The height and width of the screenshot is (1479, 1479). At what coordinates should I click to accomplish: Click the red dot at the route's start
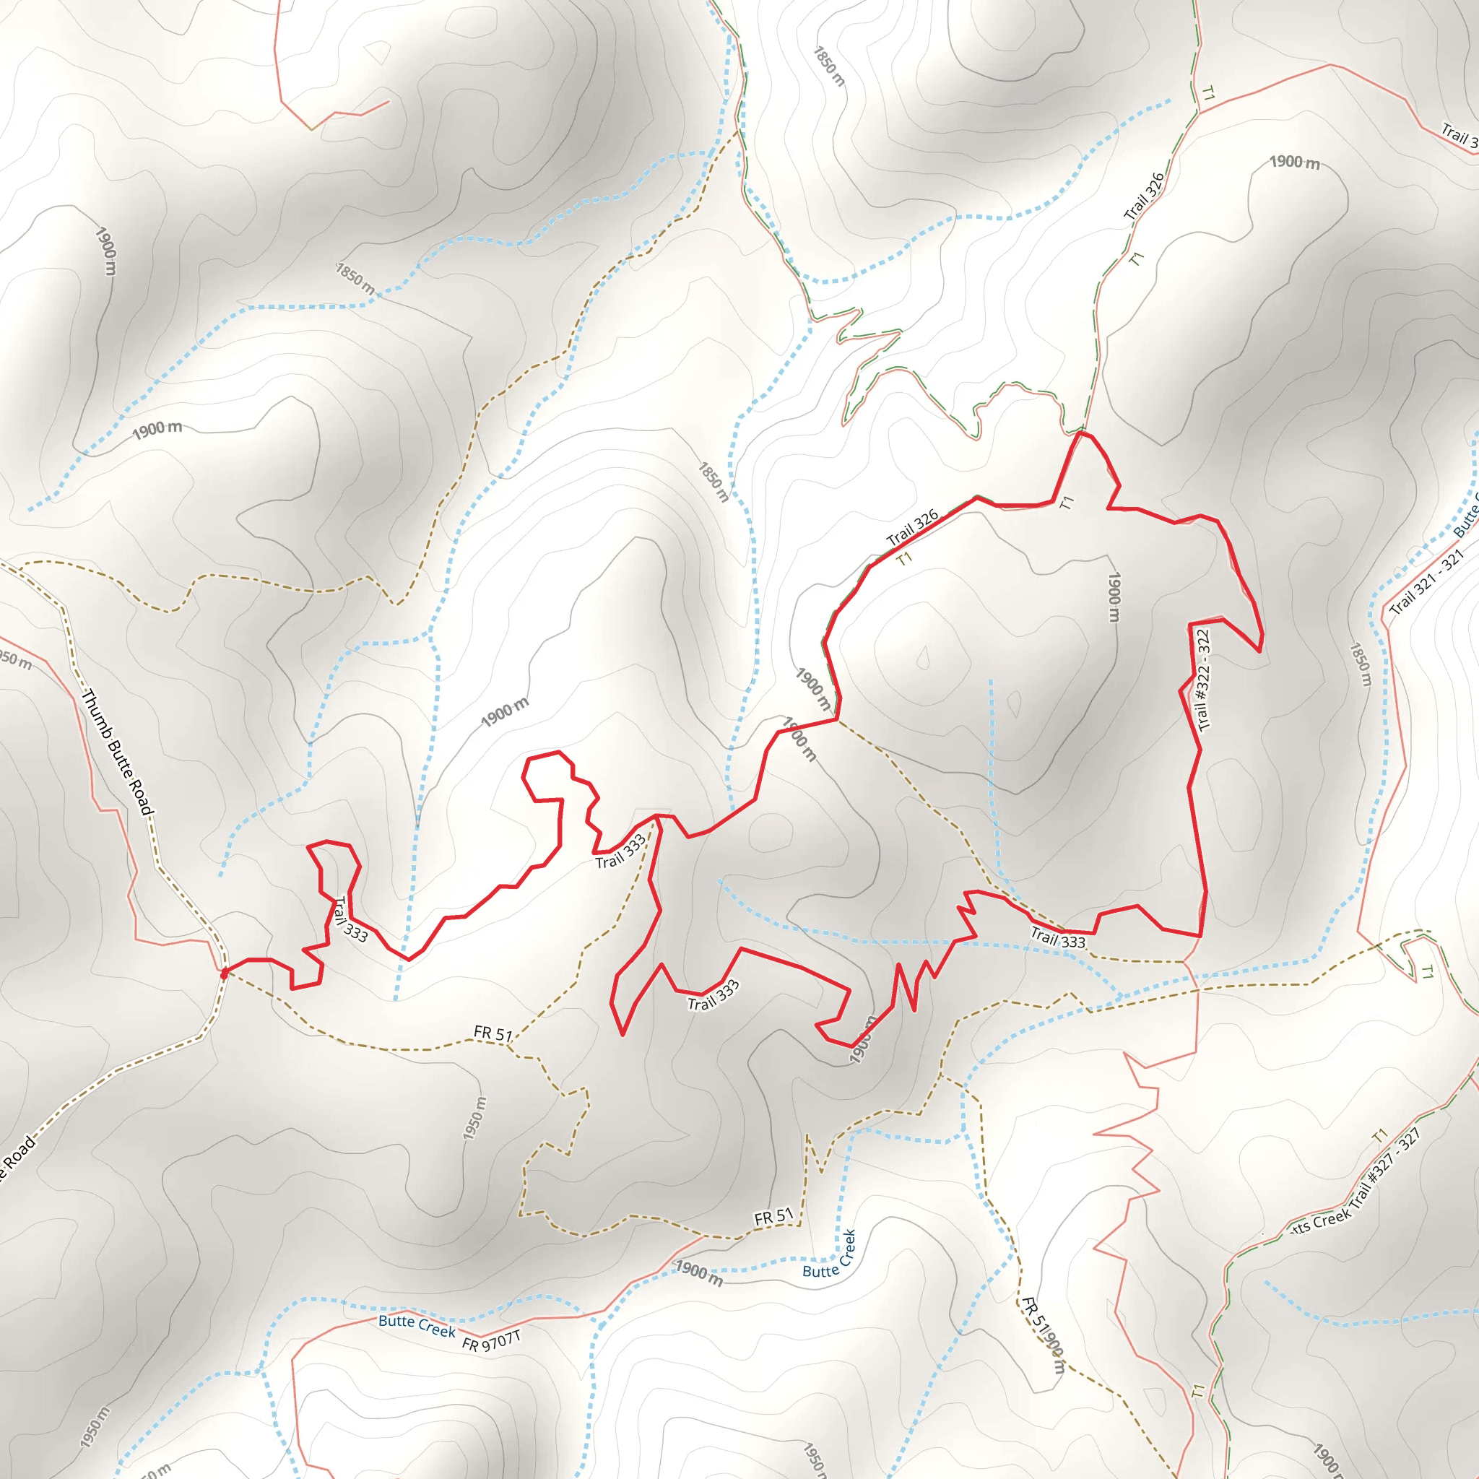[225, 973]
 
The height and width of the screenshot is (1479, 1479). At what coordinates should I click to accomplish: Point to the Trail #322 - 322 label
[1202, 680]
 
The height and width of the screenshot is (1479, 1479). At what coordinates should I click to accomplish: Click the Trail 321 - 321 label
[1426, 583]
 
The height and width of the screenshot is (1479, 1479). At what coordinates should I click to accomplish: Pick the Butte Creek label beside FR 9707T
[417, 1325]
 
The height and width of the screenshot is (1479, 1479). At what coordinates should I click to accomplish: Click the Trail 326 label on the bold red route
[912, 527]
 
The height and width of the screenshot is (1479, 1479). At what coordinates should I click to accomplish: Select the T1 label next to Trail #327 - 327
[1379, 1135]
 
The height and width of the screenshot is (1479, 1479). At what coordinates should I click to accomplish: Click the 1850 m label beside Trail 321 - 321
[1361, 664]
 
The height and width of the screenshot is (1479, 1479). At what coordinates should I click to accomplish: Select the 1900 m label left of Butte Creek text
[698, 1274]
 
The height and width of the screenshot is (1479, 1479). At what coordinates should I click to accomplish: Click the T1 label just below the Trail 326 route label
[904, 559]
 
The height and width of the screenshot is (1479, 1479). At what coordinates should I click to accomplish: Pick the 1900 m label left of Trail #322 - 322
[1114, 597]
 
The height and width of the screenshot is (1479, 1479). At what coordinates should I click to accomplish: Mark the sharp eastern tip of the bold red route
[1259, 651]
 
